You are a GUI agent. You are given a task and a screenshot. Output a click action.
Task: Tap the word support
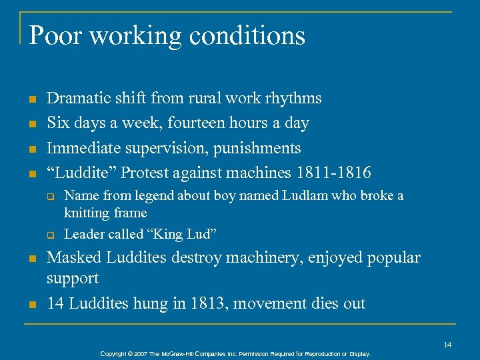tap(73, 278)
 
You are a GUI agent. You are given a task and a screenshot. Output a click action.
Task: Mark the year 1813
tap(215, 303)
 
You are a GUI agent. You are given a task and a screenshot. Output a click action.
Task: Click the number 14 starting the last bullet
tap(55, 303)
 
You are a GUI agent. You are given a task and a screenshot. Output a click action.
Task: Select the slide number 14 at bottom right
tap(447, 344)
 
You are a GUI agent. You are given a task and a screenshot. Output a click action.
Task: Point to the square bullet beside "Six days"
tap(31, 124)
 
